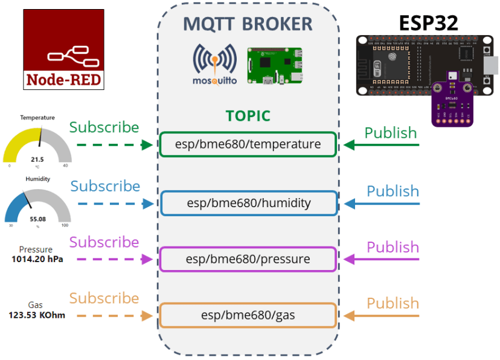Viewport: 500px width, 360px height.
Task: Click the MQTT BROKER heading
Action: [x=248, y=24]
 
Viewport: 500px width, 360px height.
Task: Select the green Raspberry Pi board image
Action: [x=275, y=66]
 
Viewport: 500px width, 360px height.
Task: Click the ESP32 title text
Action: [x=428, y=22]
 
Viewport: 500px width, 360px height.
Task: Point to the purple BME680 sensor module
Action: [x=452, y=100]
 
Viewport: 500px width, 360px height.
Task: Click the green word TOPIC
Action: [x=248, y=116]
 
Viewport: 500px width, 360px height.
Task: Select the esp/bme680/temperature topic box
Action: [x=248, y=144]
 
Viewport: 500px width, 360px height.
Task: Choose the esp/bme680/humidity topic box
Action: [x=248, y=203]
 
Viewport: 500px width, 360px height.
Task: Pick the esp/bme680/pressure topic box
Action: [x=248, y=259]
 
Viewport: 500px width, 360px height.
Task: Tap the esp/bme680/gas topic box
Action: [x=248, y=315]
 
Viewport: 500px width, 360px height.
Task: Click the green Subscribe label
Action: [x=104, y=127]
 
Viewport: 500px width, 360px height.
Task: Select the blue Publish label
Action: [x=393, y=191]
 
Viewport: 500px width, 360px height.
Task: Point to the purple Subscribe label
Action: [x=104, y=242]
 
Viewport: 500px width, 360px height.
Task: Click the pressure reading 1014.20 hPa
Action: [x=37, y=259]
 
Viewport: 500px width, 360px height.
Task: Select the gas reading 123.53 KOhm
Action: [x=37, y=315]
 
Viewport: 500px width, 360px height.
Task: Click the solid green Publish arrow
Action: [x=382, y=145]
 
